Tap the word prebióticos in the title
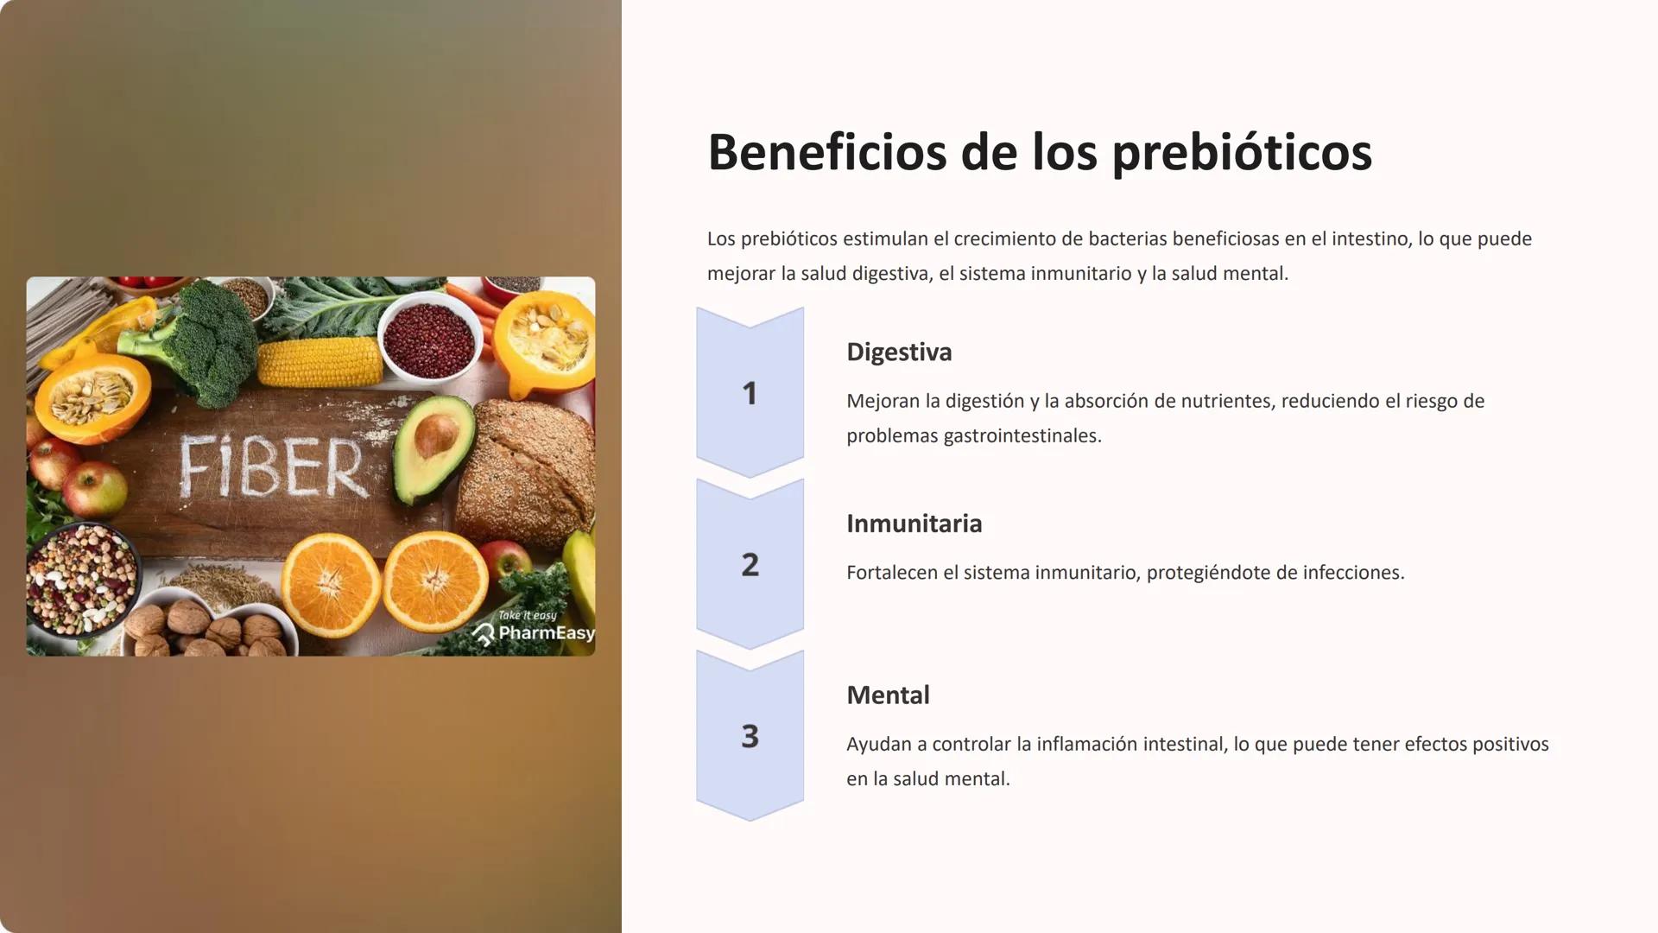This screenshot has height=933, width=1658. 1241,154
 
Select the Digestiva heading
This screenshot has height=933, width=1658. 899,352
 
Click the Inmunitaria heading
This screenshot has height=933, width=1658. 914,524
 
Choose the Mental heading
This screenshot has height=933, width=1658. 888,695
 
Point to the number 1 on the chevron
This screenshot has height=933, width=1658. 750,394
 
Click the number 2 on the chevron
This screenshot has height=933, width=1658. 750,565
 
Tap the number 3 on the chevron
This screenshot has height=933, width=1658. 750,736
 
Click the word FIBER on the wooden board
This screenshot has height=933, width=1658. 272,467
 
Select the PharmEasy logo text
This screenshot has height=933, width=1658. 546,633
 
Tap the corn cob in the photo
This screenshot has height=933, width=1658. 320,362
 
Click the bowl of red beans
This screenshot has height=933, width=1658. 430,338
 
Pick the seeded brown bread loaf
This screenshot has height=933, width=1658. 527,471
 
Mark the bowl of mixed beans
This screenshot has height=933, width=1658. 80,578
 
